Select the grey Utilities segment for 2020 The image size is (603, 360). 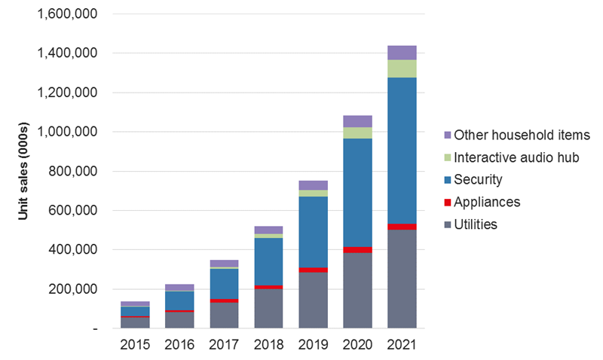click(x=357, y=291)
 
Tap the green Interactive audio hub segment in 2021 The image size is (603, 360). click(x=402, y=69)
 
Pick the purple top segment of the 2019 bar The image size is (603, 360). click(x=314, y=185)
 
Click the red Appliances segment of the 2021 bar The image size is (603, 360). click(x=402, y=227)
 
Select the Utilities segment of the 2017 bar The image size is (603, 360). click(x=225, y=316)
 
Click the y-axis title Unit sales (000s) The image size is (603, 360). click(x=23, y=172)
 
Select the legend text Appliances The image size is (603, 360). click(x=487, y=202)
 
